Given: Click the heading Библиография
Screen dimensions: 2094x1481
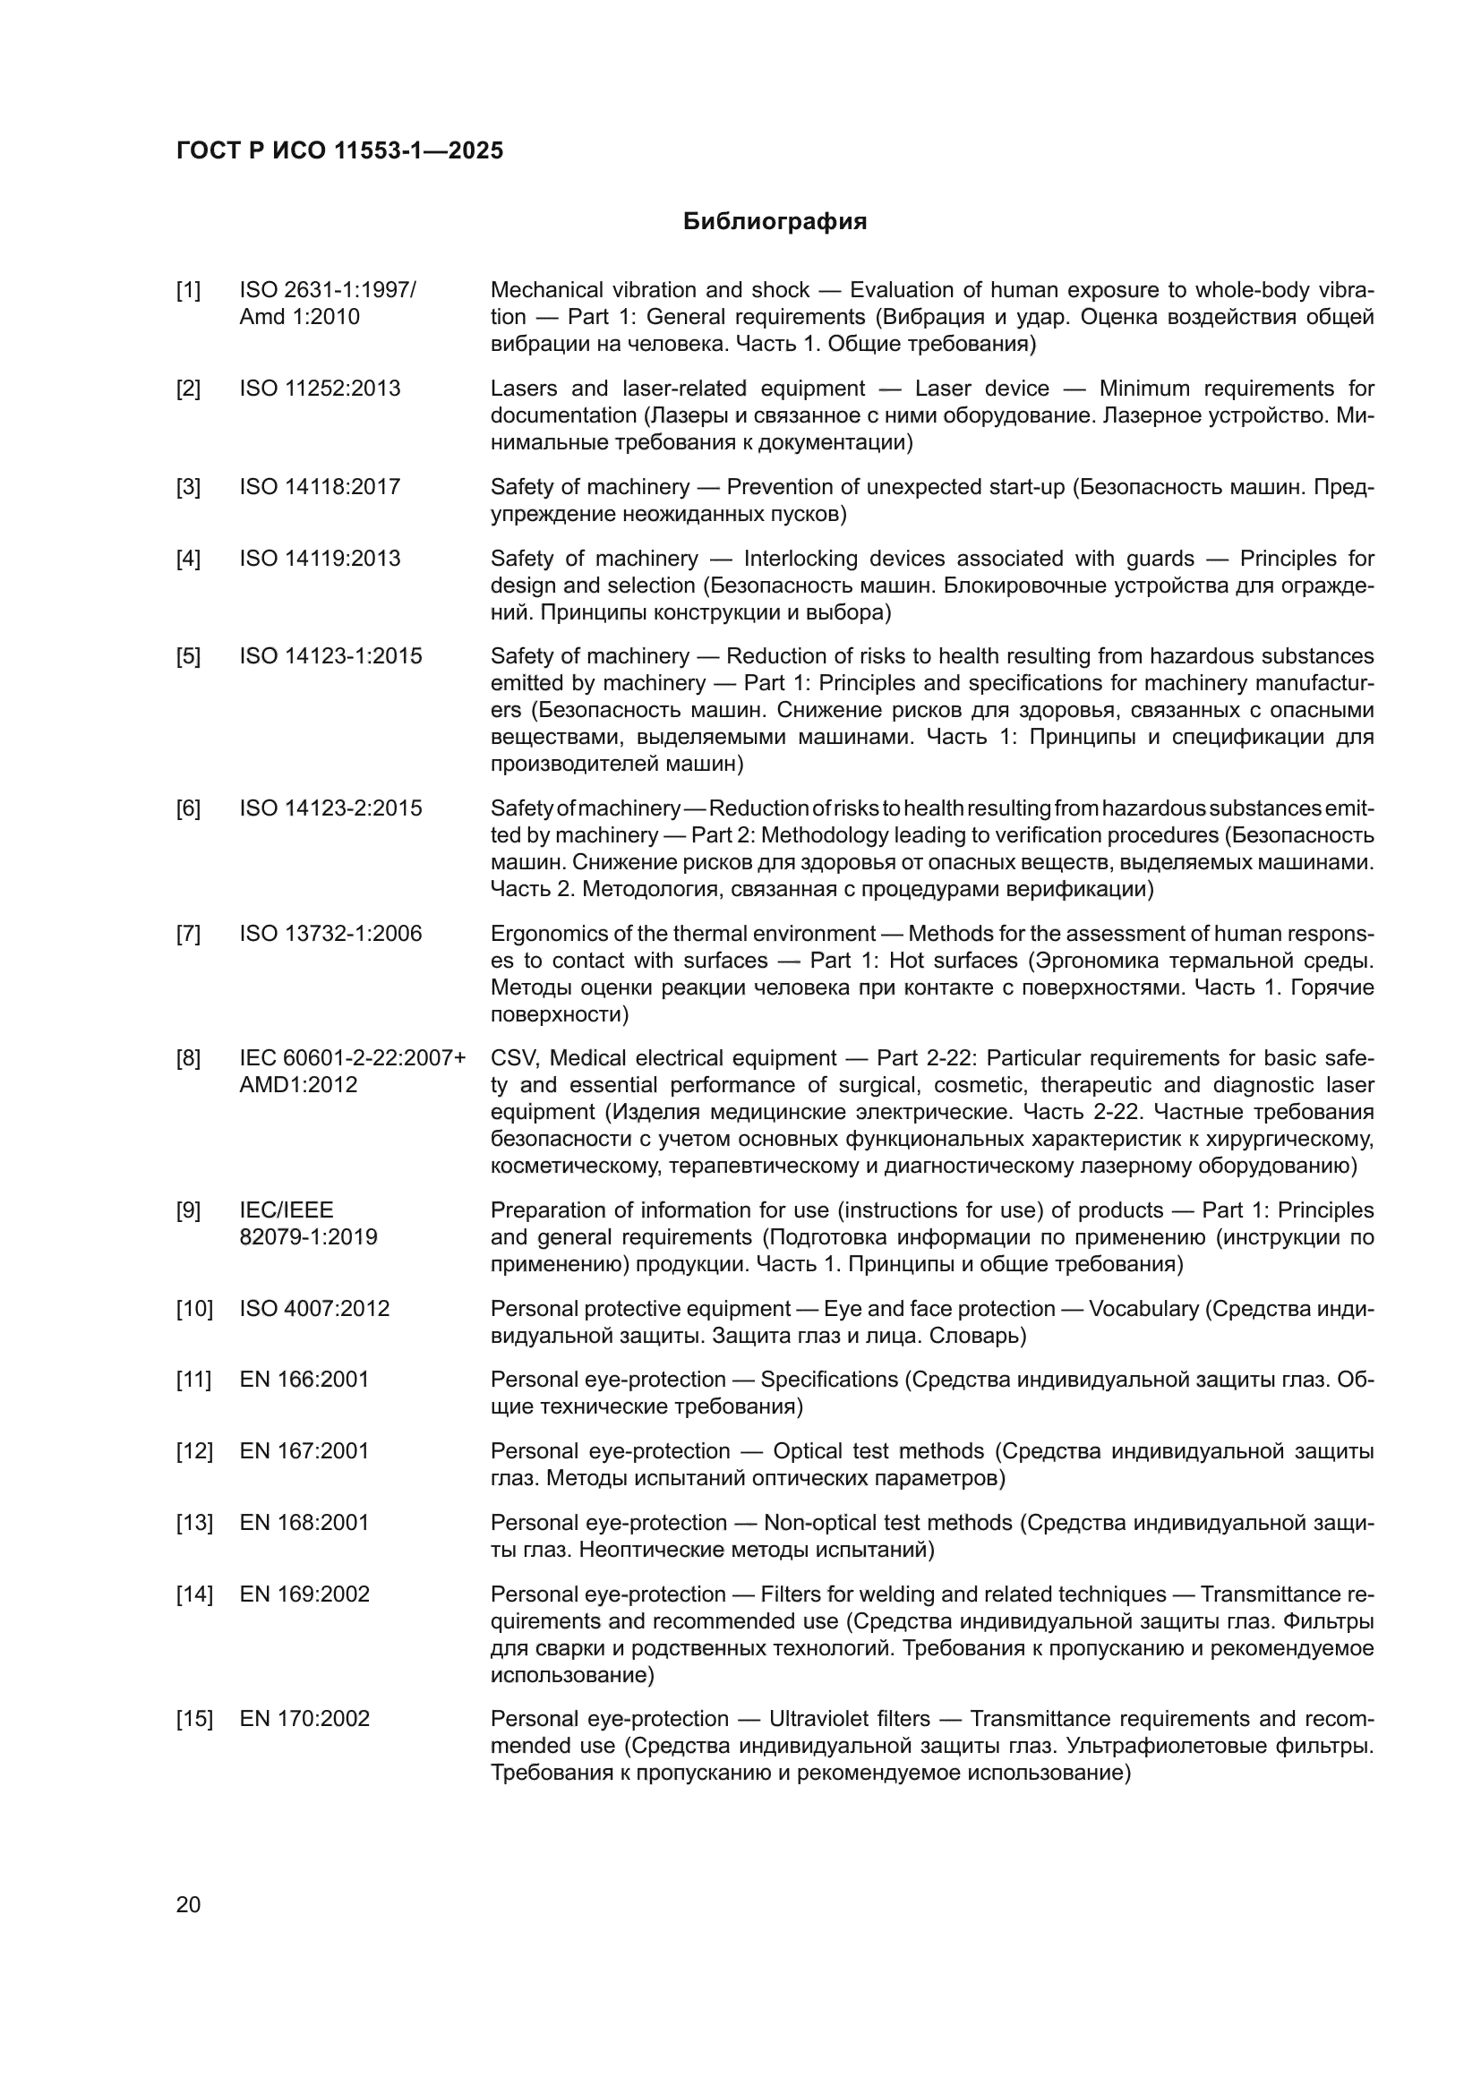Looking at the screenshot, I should pos(775,222).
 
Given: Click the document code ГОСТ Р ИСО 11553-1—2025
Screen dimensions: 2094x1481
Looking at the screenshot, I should pos(339,150).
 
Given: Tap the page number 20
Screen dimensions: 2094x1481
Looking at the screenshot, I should pos(188,1904).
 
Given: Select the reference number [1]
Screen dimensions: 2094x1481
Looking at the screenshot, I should pos(188,290).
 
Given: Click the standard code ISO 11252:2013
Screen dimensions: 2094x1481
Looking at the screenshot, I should pos(319,389).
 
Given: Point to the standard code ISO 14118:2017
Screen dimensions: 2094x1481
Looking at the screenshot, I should pos(319,487).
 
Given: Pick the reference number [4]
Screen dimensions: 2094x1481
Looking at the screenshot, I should pos(188,558).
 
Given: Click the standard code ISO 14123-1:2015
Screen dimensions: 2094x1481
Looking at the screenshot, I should pos(330,656).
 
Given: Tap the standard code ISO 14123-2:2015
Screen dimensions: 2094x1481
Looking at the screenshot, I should pos(330,808).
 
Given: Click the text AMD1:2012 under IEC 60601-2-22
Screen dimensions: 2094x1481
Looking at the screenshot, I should pos(298,1085).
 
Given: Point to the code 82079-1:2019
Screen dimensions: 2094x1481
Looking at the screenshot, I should pos(308,1237).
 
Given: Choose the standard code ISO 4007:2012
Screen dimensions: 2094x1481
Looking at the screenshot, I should pos(313,1309).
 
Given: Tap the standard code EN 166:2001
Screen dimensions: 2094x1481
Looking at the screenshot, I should pos(304,1379).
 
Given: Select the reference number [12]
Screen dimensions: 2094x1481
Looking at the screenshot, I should pos(193,1451).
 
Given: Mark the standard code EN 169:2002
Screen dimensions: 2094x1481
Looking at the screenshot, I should pos(304,1594).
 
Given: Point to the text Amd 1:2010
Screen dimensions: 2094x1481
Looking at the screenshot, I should pos(299,318).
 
